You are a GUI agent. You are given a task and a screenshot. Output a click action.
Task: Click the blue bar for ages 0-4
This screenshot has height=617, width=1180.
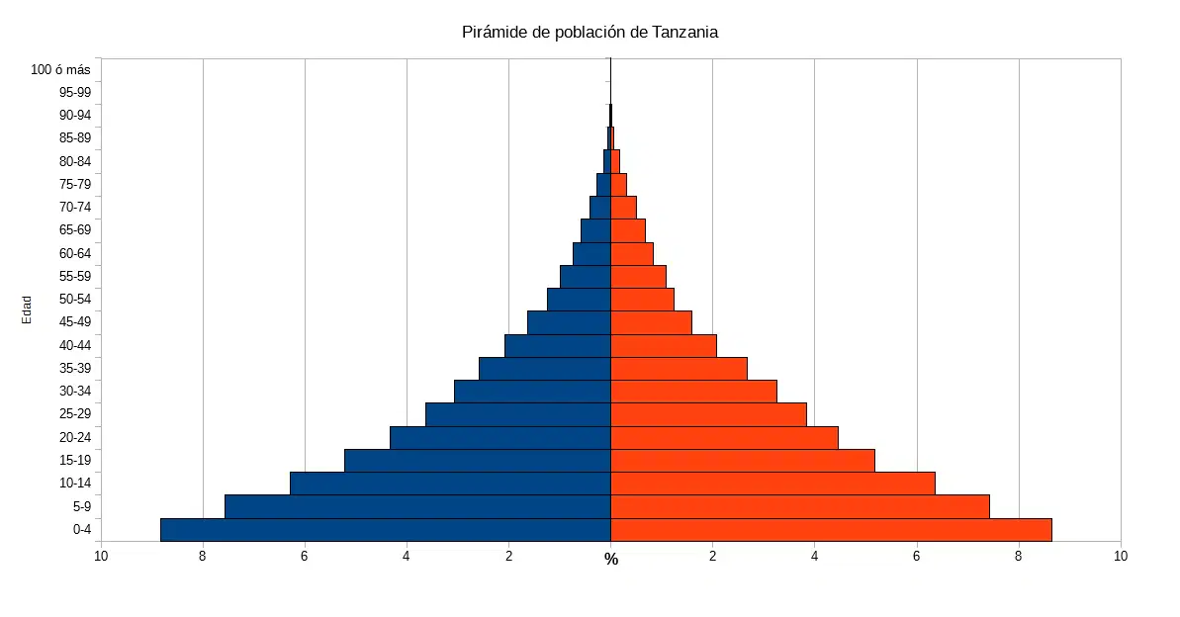386,530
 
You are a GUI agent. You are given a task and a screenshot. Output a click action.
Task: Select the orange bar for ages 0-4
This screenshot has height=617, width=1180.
831,530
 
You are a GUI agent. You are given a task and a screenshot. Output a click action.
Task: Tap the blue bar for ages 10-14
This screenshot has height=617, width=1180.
450,484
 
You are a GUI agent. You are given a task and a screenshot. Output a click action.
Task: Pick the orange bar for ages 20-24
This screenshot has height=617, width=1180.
724,438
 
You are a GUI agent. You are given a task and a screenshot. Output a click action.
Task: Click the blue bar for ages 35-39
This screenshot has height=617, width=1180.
545,369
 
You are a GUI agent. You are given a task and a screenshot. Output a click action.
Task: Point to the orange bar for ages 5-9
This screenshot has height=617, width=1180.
800,507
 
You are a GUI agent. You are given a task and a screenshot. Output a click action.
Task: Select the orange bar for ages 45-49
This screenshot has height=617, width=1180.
651,322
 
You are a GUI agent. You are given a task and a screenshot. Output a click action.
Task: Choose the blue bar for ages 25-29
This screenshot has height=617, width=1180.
517,414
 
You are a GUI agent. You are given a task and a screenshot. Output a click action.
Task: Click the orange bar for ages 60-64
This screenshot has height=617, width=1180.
631,253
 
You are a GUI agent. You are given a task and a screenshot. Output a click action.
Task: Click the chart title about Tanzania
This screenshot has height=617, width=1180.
590,33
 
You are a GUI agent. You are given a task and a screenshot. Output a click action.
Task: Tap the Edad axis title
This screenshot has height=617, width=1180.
27,310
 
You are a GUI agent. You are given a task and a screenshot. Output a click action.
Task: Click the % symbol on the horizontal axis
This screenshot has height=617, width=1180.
611,559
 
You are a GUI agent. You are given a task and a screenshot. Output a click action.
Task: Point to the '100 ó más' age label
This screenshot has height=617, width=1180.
60,70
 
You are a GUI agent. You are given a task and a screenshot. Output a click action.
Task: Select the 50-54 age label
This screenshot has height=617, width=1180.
75,300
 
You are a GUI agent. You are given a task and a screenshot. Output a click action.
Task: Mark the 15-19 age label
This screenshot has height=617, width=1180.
75,461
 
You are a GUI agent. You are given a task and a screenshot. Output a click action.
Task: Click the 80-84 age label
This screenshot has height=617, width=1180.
75,162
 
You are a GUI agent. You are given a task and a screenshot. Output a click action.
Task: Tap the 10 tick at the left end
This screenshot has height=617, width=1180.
101,556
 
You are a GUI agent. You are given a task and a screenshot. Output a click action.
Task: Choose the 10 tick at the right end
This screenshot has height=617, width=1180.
1121,556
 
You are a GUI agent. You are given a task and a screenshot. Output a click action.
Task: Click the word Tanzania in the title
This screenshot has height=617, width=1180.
684,33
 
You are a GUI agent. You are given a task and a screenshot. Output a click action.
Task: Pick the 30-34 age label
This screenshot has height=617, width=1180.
75,392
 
